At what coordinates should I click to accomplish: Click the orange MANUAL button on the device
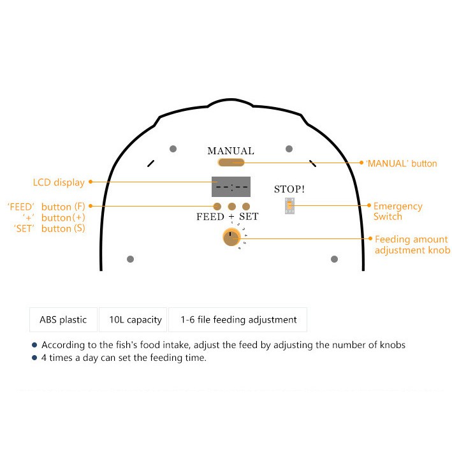(x=231, y=163)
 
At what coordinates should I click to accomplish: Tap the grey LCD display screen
(x=231, y=187)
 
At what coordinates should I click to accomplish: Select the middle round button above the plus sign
(x=232, y=207)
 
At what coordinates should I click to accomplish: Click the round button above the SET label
(x=246, y=207)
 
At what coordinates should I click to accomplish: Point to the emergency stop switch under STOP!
(x=289, y=205)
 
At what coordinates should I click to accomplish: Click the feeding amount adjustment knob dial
(x=231, y=237)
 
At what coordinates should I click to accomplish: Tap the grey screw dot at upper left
(x=173, y=149)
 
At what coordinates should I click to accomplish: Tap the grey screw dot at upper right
(x=289, y=149)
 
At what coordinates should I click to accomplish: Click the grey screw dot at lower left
(x=130, y=259)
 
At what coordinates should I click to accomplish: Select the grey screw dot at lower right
(x=335, y=259)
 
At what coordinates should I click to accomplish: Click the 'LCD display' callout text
(x=59, y=182)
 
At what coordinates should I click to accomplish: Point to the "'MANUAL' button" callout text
(x=401, y=163)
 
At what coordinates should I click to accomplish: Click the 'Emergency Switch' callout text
(x=398, y=211)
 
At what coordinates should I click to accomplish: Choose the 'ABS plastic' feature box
(x=63, y=319)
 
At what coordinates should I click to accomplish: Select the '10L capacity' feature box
(x=133, y=319)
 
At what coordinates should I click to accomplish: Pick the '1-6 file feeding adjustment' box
(x=238, y=319)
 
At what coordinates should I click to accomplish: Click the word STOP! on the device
(x=289, y=189)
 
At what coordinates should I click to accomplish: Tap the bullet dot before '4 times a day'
(x=34, y=358)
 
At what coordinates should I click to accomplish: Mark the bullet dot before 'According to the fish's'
(x=34, y=345)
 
